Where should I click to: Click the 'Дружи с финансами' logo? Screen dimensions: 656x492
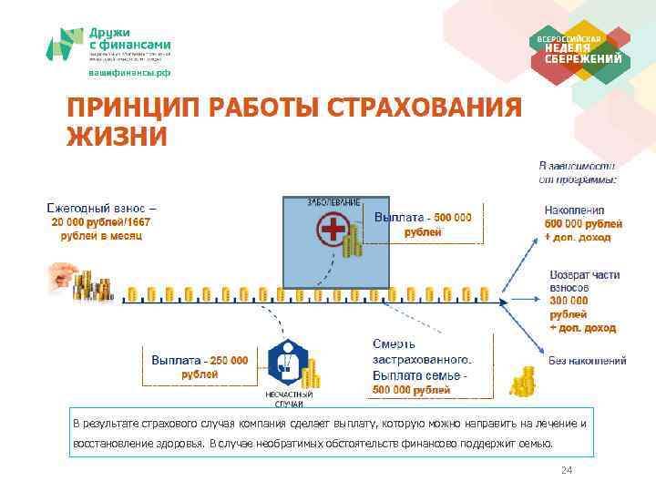(x=109, y=44)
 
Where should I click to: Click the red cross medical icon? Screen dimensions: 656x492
(x=333, y=231)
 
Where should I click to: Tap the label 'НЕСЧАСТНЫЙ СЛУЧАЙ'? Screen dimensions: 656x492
(x=289, y=398)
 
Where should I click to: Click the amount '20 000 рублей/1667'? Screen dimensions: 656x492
(x=100, y=221)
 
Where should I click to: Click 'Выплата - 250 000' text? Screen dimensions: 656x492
(x=200, y=360)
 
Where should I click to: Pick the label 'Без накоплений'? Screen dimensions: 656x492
(x=587, y=361)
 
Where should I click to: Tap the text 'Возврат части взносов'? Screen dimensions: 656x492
(x=583, y=281)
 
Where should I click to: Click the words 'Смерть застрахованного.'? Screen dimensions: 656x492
(x=422, y=353)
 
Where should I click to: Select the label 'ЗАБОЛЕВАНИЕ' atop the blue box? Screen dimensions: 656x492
(x=334, y=201)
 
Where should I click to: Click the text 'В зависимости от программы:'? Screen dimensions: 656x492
(x=579, y=173)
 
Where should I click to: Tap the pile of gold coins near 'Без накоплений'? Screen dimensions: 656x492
(x=523, y=381)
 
